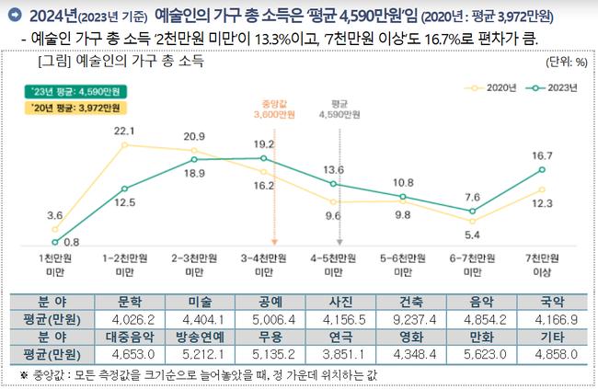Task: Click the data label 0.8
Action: click(72, 242)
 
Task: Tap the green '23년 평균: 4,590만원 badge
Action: click(77, 92)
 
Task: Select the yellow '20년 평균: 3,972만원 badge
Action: click(77, 109)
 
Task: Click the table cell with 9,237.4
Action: click(406, 319)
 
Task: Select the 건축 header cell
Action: click(406, 303)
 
